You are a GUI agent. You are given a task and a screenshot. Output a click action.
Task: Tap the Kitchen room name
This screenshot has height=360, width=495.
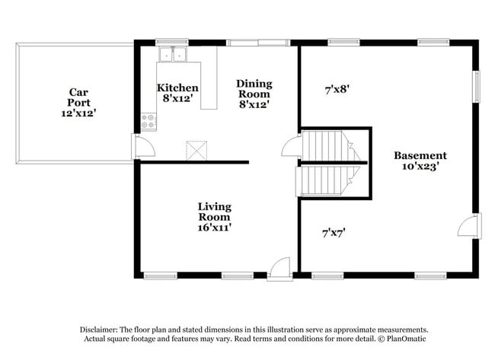(x=177, y=88)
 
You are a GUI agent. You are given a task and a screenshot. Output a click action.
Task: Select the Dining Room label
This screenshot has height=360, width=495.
(x=254, y=88)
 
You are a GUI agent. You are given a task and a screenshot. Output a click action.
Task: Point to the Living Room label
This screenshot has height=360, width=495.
(x=214, y=212)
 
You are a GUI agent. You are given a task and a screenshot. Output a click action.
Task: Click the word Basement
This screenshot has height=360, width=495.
(x=414, y=155)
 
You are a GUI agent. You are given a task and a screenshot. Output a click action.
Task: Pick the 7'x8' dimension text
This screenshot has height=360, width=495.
(x=336, y=90)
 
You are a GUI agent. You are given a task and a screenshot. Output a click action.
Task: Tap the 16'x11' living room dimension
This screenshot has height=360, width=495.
(x=214, y=226)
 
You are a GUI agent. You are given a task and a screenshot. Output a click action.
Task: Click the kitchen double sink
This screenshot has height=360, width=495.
(x=173, y=54)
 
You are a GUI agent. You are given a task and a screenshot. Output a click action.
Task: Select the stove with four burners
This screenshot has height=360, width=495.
(x=149, y=120)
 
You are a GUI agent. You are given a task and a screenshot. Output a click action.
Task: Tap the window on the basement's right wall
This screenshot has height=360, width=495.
(x=478, y=86)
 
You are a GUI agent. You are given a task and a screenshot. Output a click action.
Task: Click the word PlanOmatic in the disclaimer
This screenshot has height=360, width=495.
(x=407, y=338)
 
